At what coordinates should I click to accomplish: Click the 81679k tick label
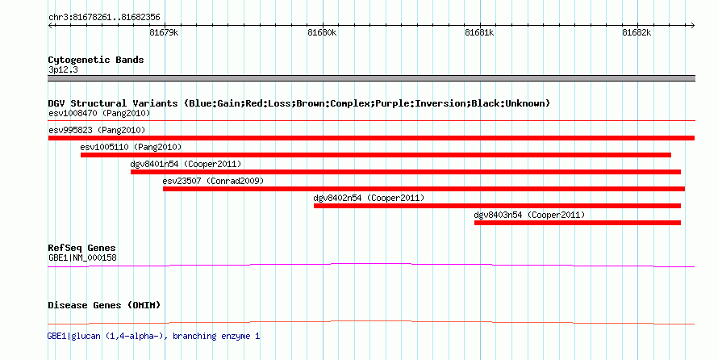click(x=164, y=32)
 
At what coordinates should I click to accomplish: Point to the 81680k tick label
click(x=322, y=32)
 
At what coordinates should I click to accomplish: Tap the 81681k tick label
click(x=479, y=32)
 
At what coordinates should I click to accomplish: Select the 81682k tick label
click(x=637, y=32)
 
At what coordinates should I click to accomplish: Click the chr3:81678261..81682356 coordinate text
click(x=104, y=18)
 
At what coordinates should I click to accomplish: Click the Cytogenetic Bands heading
click(x=96, y=60)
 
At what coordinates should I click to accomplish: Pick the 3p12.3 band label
click(x=63, y=70)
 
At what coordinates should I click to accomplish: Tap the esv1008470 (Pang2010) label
click(x=99, y=113)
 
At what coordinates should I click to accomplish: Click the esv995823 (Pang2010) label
click(x=97, y=130)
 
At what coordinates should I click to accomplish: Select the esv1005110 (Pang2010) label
click(x=131, y=147)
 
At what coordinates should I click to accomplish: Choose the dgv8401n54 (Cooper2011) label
click(x=186, y=164)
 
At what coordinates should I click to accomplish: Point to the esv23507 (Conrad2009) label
click(x=214, y=181)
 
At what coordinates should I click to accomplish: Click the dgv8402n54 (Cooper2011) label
click(x=369, y=198)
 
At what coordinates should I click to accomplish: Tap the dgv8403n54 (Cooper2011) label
click(x=529, y=215)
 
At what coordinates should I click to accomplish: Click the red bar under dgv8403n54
click(x=578, y=223)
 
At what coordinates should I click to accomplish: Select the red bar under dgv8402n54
click(x=497, y=206)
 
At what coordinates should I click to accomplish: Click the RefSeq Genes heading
click(x=82, y=248)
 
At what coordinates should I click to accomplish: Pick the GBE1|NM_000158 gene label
click(x=82, y=257)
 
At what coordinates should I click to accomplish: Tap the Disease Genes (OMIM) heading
click(x=104, y=305)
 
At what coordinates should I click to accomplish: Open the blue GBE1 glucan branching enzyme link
click(x=154, y=336)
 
